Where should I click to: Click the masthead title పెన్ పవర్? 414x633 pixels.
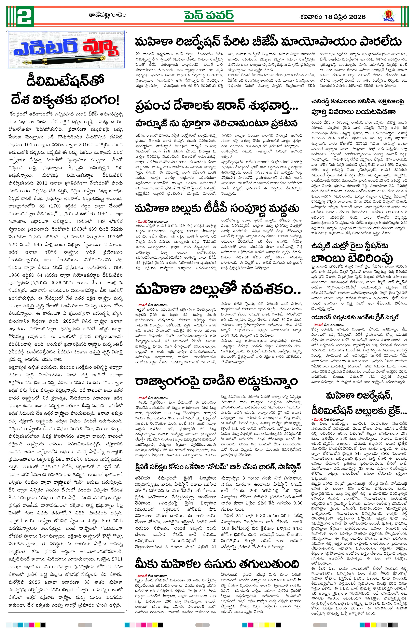[x=209, y=16]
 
